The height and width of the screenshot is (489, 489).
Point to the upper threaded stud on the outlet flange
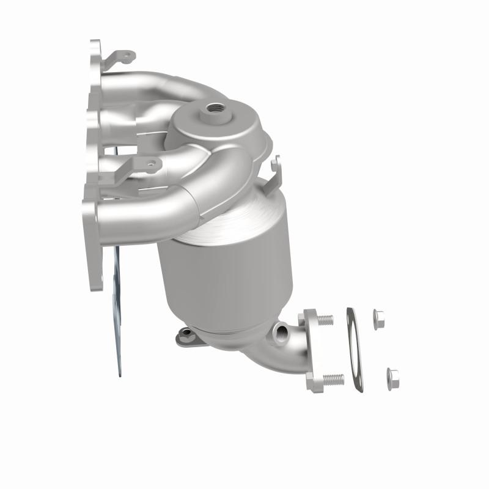326,320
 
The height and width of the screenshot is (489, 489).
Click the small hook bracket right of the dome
276,171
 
